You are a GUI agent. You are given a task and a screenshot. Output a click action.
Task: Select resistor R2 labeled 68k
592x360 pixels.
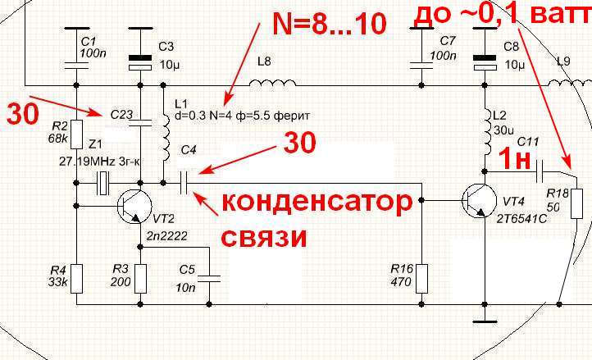click(75, 133)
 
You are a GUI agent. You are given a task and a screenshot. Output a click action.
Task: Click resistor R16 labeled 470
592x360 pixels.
click(421, 277)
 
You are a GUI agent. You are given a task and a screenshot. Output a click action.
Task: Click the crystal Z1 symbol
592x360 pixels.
click(103, 181)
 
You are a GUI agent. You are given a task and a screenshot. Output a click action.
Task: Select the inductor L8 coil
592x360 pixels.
click(268, 83)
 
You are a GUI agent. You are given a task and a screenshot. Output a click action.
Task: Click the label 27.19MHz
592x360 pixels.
click(76, 162)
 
